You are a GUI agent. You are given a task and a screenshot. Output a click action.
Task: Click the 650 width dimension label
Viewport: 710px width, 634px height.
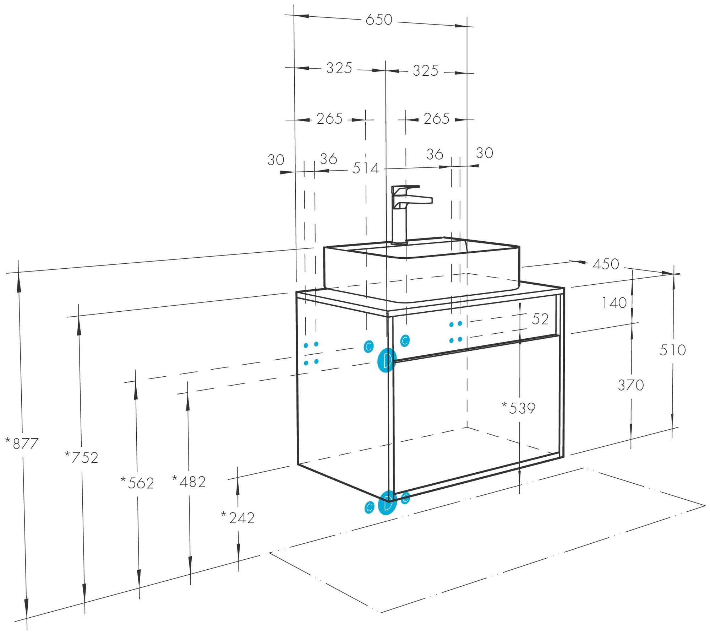(379, 20)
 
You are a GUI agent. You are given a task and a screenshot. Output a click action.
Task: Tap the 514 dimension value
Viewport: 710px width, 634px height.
(365, 168)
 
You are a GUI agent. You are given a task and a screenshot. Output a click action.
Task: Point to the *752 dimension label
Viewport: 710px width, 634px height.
(82, 457)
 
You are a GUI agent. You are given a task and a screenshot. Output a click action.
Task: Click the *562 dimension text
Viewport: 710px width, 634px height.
(137, 483)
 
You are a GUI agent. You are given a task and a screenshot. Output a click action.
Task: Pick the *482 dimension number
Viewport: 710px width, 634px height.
(189, 482)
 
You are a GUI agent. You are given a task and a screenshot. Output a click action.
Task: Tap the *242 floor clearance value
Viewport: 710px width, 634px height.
(238, 518)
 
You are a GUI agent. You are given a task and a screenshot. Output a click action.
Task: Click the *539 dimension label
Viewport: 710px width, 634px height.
(519, 408)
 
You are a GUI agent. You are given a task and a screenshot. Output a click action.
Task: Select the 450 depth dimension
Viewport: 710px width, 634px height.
(606, 264)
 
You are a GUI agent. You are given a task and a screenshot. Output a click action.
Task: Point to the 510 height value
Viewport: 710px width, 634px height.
(672, 350)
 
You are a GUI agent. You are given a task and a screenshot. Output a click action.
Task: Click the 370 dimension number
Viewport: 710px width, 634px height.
(630, 385)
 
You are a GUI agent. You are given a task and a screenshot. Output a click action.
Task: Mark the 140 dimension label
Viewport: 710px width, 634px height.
(614, 303)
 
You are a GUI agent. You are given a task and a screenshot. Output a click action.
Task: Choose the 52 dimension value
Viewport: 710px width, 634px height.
(540, 319)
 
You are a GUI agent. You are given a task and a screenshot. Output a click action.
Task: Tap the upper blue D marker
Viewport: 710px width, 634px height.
(386, 360)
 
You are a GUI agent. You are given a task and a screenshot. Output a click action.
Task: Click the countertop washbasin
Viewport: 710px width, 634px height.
(422, 270)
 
